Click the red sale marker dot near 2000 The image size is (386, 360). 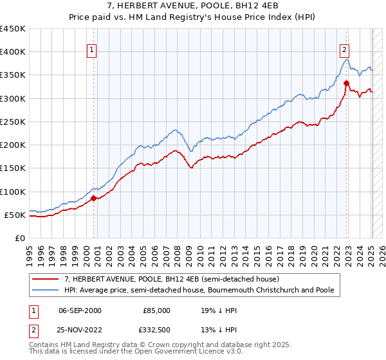[x=93, y=199]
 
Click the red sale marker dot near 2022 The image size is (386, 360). [x=346, y=82]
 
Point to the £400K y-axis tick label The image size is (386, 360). [x=13, y=52]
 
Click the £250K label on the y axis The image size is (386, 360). [x=13, y=122]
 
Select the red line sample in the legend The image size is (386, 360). [x=46, y=280]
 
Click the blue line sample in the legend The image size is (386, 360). [x=46, y=291]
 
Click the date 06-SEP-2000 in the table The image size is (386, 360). [x=80, y=310]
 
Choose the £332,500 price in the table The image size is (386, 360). [x=156, y=328]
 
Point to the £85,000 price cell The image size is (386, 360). [x=156, y=310]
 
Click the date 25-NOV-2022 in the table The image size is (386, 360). [x=80, y=328]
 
